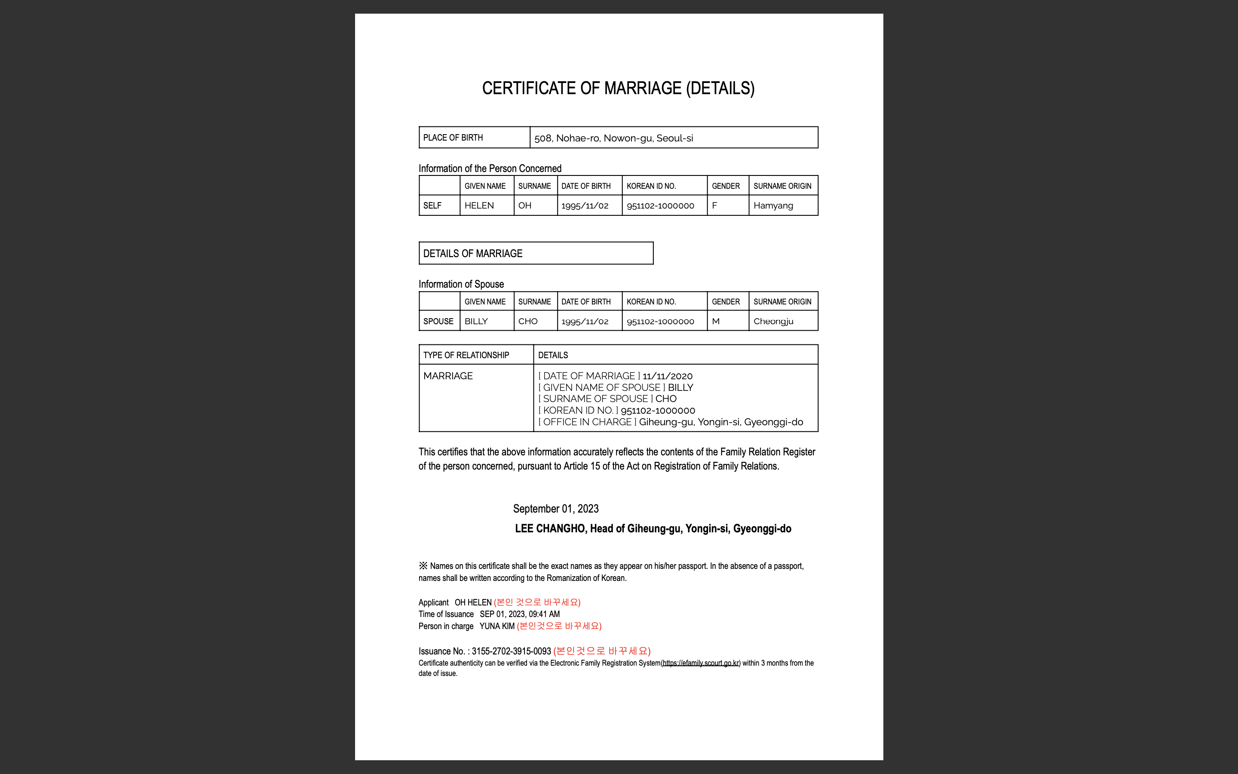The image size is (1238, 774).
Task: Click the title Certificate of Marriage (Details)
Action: tap(618, 88)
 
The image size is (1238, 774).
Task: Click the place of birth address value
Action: tap(613, 138)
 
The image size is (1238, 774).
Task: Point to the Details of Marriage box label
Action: tap(473, 254)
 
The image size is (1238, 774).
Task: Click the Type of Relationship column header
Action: tap(466, 355)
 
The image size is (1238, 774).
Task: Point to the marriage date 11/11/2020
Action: tap(667, 376)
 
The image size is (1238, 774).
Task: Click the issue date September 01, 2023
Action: tap(555, 509)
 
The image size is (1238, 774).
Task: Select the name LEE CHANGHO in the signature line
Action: tap(549, 529)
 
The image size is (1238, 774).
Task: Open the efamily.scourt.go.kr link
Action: tap(700, 663)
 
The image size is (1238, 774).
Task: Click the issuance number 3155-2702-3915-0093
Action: tap(511, 651)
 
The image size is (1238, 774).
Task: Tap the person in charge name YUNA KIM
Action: tap(497, 627)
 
